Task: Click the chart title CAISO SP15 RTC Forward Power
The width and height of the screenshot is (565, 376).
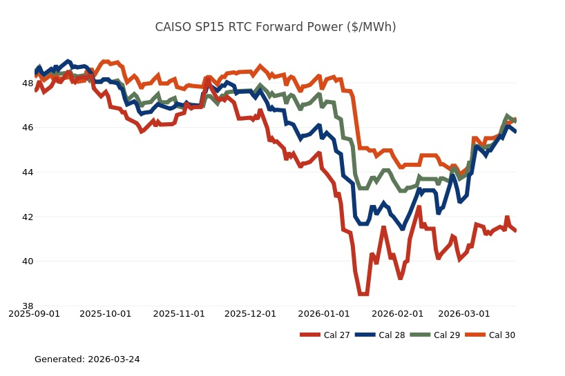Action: (276, 27)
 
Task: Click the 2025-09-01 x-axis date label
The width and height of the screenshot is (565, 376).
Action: (34, 314)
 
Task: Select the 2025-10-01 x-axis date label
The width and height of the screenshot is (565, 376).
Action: (105, 314)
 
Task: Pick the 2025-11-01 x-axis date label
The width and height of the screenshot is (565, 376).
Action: (179, 314)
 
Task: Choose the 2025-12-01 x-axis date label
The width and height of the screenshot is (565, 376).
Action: (250, 314)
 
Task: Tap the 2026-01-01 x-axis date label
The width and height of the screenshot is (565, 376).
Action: (324, 314)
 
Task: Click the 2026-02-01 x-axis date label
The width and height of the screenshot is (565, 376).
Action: (397, 314)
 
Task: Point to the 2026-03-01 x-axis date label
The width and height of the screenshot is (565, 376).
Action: (464, 314)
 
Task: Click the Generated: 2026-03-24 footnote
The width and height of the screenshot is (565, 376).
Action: (87, 359)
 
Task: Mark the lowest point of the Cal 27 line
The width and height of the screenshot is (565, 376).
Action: (363, 294)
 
